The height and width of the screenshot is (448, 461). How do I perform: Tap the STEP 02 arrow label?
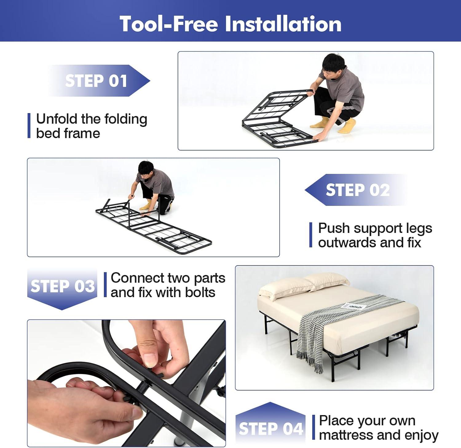357,190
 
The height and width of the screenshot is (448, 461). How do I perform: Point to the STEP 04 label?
271,424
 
